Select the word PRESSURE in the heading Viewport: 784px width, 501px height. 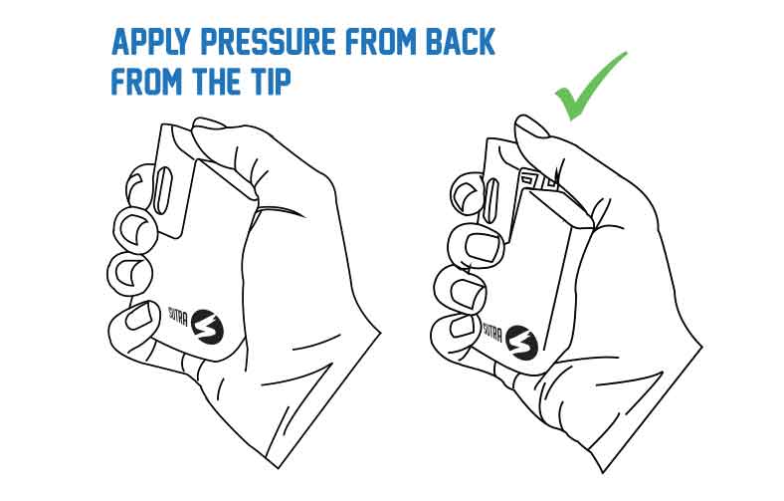(268, 42)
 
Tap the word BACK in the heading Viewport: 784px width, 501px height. (460, 42)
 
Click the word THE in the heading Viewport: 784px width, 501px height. (209, 81)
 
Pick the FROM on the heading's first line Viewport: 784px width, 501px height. (381, 42)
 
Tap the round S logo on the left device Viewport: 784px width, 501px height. (207, 327)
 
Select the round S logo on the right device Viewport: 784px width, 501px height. (521, 343)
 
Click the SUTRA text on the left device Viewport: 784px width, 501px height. (177, 316)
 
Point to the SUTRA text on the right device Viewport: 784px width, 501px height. (492, 332)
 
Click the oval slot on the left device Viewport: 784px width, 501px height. (162, 190)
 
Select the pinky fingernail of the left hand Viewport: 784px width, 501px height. (139, 317)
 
